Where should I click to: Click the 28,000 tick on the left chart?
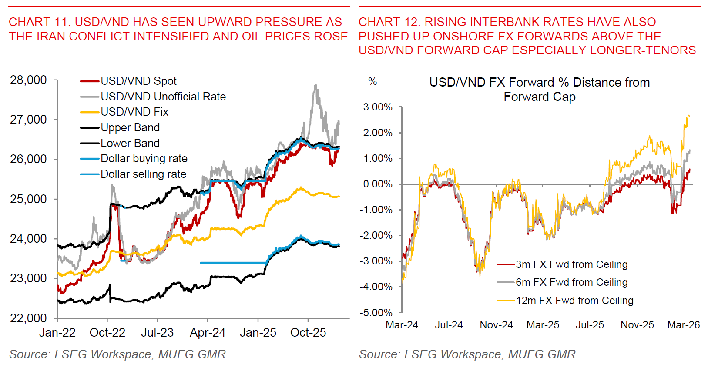coord(28,80)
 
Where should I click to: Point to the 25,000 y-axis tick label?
coord(28,199)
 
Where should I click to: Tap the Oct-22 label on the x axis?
coord(107,333)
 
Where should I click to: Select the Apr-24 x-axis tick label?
coord(208,333)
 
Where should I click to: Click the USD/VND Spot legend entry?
coord(138,81)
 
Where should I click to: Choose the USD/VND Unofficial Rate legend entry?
coord(163,97)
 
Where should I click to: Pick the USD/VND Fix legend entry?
coord(134,112)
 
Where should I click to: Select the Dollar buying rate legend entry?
coord(144,159)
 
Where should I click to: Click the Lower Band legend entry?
coord(130,143)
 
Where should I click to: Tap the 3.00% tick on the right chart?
coord(378,107)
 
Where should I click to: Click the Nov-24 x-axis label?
coord(496,325)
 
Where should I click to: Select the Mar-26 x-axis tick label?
coord(684,325)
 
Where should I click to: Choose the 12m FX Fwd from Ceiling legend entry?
coord(574,301)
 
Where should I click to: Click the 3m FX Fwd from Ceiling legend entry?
coord(571,264)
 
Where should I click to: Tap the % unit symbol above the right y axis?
coord(372,82)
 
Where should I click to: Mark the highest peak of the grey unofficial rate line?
coord(315,85)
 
